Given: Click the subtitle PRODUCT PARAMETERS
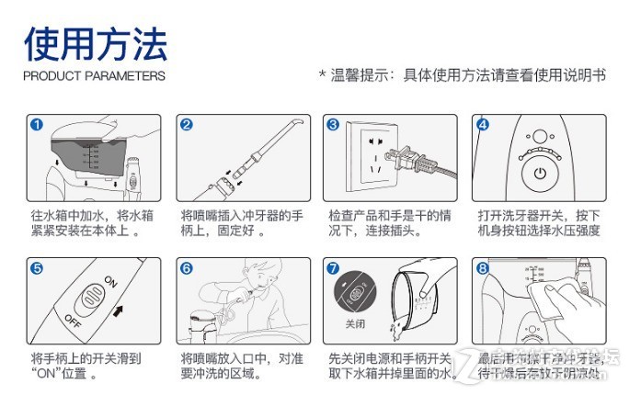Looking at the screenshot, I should click(x=94, y=76).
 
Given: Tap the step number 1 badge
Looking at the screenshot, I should click(x=36, y=125).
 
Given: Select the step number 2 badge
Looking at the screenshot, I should click(x=186, y=125).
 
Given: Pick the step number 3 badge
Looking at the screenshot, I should click(x=334, y=125).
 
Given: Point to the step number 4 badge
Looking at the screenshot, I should click(x=483, y=125).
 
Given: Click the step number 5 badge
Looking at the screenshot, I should click(x=36, y=268).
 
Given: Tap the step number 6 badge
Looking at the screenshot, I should click(x=186, y=268).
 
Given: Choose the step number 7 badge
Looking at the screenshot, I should click(x=334, y=268).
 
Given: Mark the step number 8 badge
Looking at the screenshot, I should click(x=483, y=268).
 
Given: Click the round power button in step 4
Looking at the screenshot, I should click(x=540, y=172).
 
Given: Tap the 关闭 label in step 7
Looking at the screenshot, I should click(x=355, y=324).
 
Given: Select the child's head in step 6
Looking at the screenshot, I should click(x=247, y=276).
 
